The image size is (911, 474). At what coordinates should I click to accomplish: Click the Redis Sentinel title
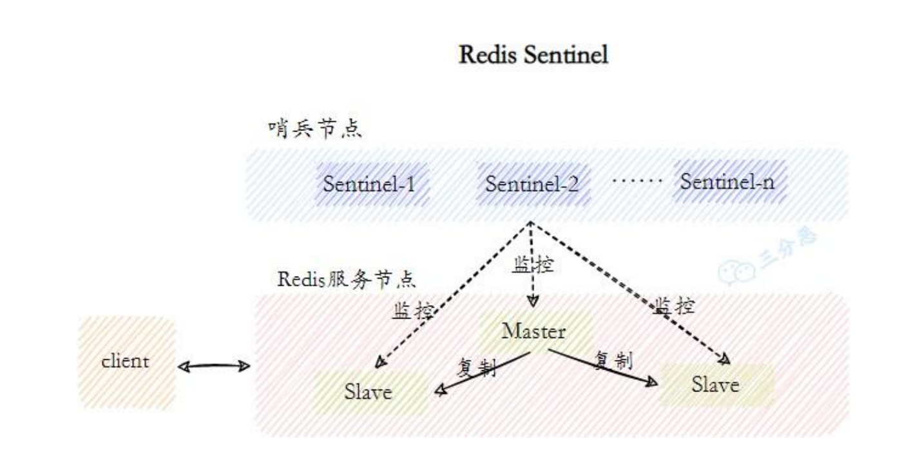[x=533, y=55]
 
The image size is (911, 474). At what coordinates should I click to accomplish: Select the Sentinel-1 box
[x=372, y=184]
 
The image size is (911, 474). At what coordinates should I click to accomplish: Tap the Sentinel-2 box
[x=533, y=184]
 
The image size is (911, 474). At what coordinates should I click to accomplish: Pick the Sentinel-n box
[x=729, y=182]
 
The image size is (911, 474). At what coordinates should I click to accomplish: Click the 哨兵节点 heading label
[x=315, y=129]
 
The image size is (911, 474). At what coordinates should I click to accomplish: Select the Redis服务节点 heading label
[x=347, y=279]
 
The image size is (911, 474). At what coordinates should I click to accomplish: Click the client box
[x=126, y=362]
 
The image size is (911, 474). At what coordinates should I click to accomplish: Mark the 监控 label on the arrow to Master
[x=533, y=264]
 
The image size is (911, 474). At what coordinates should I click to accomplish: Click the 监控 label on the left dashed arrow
[x=412, y=311]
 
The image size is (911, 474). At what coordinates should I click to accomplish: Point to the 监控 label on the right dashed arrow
[x=674, y=306]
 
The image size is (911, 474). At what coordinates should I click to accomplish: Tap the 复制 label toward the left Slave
[x=477, y=368]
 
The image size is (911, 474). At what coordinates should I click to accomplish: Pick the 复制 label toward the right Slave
[x=614, y=360]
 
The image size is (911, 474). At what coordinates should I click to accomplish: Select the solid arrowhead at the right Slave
[x=652, y=382]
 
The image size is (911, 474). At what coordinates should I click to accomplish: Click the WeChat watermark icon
[x=736, y=272]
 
